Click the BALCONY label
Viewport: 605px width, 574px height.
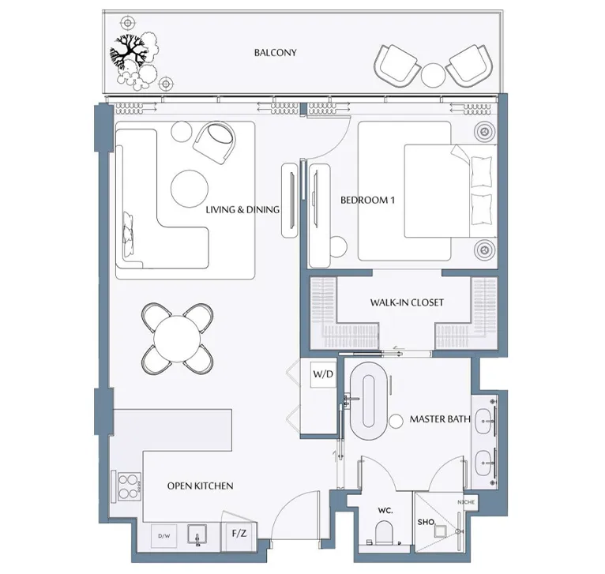pos(275,53)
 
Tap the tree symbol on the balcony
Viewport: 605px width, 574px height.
pos(128,55)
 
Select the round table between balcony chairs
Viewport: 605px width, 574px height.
pos(434,75)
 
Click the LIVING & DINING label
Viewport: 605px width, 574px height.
pos(242,210)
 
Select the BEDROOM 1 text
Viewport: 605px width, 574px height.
pos(367,201)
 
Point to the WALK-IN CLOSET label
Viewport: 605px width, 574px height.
pos(407,302)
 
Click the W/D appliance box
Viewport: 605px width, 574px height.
pos(321,373)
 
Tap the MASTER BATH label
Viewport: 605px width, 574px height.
pos(440,419)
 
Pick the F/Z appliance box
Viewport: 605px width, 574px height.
pos(238,535)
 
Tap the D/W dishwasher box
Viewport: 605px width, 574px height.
pos(164,536)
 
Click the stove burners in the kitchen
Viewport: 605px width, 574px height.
pos(126,487)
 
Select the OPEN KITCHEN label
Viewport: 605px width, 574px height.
pos(200,486)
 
